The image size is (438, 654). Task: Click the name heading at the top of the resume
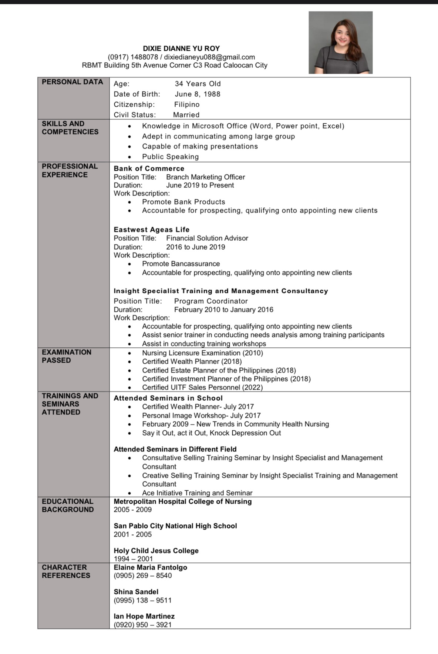[181, 49]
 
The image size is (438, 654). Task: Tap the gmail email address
[209, 57]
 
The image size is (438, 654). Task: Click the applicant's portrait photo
[340, 43]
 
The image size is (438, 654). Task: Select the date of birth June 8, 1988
[198, 94]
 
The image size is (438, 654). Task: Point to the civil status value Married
[186, 115]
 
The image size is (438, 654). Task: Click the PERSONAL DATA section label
[72, 82]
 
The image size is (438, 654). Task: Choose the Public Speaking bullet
[170, 157]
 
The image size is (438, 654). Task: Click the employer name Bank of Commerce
[149, 168]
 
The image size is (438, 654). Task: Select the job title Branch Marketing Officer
[205, 177]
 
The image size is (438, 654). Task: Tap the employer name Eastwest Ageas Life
[151, 230]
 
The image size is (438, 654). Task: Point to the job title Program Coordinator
[211, 301]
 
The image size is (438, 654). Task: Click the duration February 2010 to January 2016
[223, 310]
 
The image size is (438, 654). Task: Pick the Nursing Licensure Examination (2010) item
[202, 353]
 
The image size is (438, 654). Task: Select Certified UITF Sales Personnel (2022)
[202, 387]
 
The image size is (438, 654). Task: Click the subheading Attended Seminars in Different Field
[175, 449]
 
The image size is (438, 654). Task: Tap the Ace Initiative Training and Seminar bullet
[197, 493]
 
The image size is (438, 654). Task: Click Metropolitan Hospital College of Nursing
[182, 501]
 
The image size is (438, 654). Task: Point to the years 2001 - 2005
[132, 534]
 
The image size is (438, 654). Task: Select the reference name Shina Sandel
[136, 592]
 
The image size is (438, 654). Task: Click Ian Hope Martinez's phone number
[142, 625]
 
